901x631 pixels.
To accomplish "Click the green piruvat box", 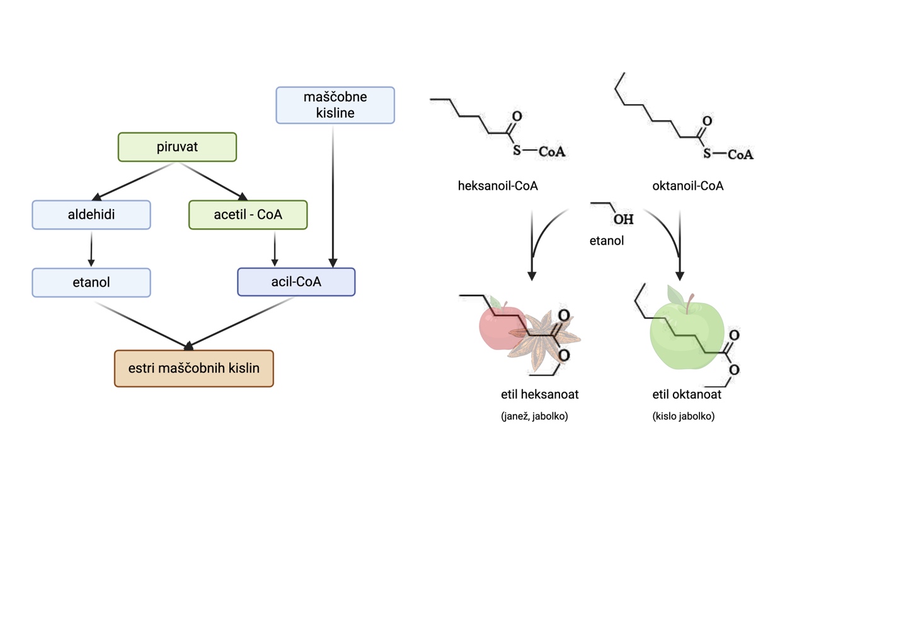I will [177, 147].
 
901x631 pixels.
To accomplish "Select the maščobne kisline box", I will [335, 105].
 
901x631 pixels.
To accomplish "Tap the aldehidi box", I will [91, 215].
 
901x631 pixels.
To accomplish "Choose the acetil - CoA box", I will [248, 215].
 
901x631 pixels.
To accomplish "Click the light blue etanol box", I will [91, 282].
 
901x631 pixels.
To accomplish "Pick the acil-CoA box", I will [296, 282].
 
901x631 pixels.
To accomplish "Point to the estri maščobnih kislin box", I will [193, 368].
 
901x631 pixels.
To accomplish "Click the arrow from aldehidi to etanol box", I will [91, 249].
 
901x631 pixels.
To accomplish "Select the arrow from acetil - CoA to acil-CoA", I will [275, 249].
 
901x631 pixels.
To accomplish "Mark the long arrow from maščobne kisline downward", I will [333, 195].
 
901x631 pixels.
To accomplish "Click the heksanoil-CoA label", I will [498, 186].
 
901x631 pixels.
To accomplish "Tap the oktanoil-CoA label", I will [687, 186].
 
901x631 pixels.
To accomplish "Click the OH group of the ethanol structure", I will [623, 219].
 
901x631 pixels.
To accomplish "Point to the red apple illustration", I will [495, 328].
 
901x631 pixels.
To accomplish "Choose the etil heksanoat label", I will [539, 395].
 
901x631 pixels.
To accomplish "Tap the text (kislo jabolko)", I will [683, 416].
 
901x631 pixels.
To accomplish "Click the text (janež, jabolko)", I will [534, 416].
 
